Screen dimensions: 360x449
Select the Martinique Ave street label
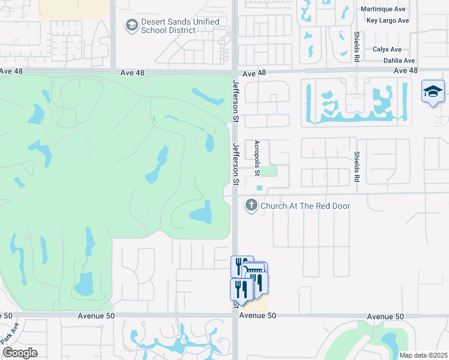click(x=384, y=9)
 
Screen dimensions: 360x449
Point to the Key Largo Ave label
click(x=387, y=20)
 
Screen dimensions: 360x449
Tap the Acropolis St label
click(x=257, y=158)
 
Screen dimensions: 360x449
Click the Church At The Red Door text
click(x=305, y=206)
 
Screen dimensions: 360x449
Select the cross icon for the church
click(x=251, y=206)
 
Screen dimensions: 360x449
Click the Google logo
click(x=20, y=353)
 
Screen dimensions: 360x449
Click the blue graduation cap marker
click(x=433, y=92)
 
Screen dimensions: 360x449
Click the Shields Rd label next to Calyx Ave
click(x=357, y=47)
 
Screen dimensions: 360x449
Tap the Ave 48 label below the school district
click(x=132, y=73)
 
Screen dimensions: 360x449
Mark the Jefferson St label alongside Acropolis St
click(x=236, y=164)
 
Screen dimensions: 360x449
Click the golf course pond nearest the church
click(x=202, y=212)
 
